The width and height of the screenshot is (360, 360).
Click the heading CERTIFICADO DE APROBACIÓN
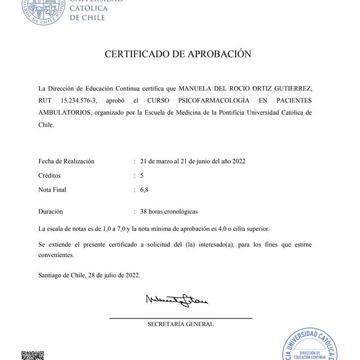click(x=177, y=55)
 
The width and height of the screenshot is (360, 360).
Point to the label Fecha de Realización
click(x=66, y=161)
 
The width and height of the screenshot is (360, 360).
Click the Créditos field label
click(x=49, y=175)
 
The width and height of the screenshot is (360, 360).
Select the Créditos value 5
click(x=142, y=175)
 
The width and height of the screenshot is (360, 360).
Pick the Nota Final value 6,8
click(x=145, y=190)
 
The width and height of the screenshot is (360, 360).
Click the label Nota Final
click(x=52, y=190)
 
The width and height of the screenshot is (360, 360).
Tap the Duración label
click(x=51, y=212)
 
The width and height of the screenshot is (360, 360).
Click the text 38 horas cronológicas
click(x=169, y=212)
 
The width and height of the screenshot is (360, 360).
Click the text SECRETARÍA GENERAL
click(x=181, y=324)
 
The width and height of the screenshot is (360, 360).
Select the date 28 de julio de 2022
click(x=113, y=276)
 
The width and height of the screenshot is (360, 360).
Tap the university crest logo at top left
click(x=42, y=10)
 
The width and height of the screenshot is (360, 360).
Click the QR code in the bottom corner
click(x=32, y=355)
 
